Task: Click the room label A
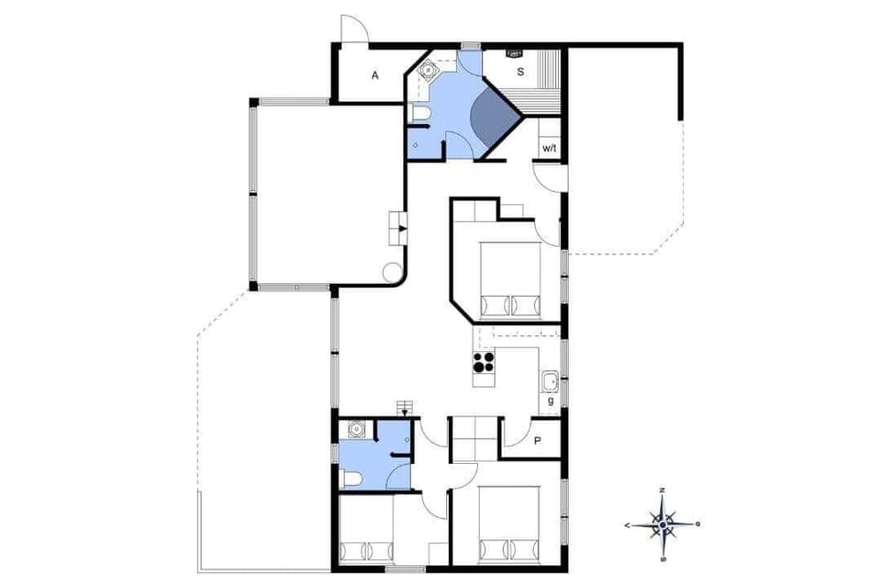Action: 374,76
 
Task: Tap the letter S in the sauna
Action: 519,72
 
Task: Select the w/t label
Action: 549,148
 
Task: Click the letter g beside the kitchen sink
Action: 551,400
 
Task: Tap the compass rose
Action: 663,525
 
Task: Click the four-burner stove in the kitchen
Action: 484,363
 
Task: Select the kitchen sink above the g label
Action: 551,380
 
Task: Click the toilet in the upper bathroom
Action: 420,114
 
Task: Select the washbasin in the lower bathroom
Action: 353,429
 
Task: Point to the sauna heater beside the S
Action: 513,52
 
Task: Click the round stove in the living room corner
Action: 392,273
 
